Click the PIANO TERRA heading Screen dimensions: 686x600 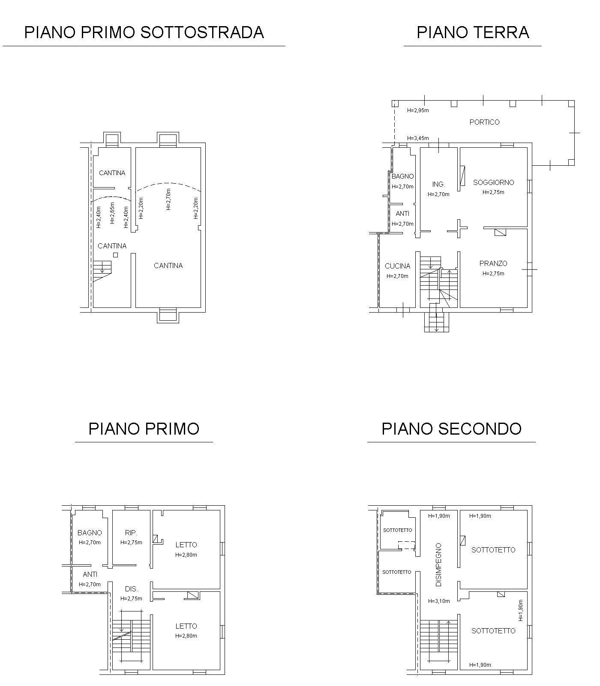tap(473, 32)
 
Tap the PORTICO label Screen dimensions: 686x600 tap(484, 122)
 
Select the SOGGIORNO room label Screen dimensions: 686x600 tap(493, 182)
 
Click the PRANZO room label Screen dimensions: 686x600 tap(493, 263)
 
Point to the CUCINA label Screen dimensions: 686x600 tap(397, 266)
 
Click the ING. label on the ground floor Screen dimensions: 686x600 tap(438, 184)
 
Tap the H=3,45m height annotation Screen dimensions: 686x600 tap(418, 138)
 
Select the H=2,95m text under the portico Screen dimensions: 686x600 tap(418, 110)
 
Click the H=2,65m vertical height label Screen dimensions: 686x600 tap(112, 213)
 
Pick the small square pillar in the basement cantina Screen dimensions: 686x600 tap(115, 255)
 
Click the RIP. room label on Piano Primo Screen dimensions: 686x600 tap(131, 533)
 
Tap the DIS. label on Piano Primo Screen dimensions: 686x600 tap(131, 589)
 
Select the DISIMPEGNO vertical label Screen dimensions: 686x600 tap(438, 565)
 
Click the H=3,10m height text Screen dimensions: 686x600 tap(439, 601)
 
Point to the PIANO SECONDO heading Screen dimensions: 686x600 tap(451, 429)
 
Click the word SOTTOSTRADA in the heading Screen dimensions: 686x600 tap(202, 32)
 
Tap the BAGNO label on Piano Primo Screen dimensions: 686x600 tap(90, 533)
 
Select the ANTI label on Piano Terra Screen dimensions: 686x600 tap(402, 214)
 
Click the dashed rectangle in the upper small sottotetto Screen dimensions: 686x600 tap(406, 545)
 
